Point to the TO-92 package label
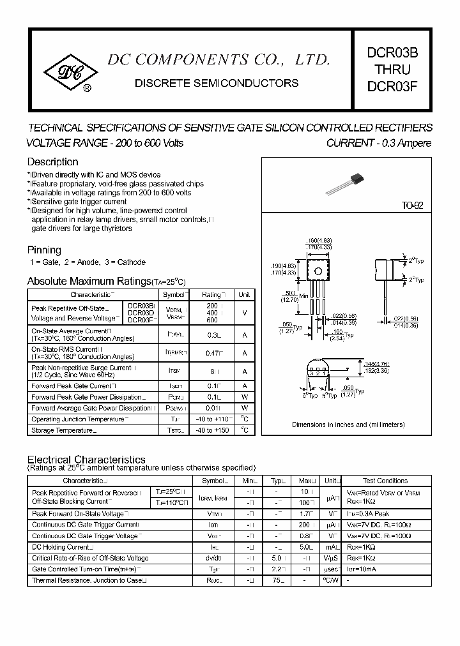point(412,206)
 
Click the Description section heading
point(52,162)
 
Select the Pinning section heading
point(44,250)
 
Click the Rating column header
point(212,295)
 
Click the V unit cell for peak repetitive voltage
point(244,312)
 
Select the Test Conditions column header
point(385,481)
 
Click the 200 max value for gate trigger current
point(304,525)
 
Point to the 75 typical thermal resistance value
point(277,580)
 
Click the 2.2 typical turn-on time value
point(277,569)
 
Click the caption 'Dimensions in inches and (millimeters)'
point(348,424)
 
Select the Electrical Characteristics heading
point(86,460)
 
